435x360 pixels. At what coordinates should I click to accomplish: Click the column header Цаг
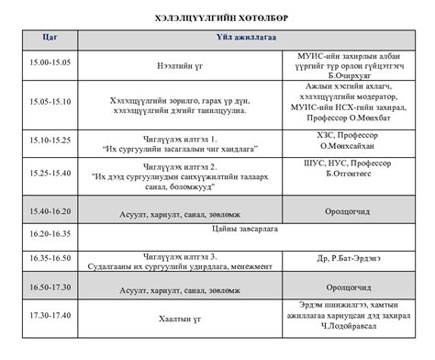[50, 38]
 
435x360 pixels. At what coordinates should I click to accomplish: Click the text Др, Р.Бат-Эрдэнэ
[349, 258]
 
